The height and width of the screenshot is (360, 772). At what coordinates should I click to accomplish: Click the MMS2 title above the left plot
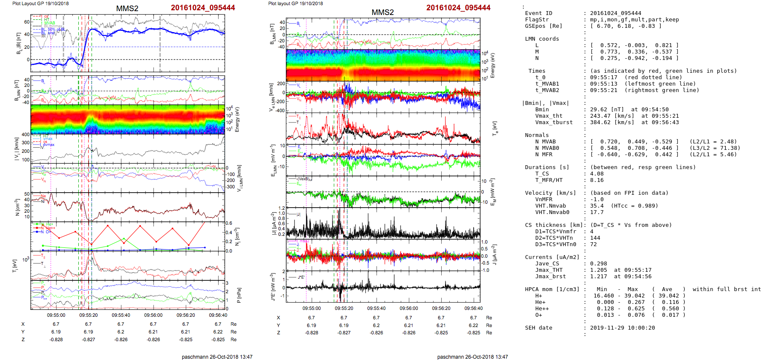(127, 9)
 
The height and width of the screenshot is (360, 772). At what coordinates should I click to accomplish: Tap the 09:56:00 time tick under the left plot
(153, 315)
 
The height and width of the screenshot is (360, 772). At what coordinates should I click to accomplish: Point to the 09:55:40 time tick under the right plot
(376, 308)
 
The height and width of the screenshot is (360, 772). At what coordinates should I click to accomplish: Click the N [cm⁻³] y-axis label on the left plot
(17, 207)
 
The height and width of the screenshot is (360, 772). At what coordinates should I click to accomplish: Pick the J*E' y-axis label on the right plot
(272, 287)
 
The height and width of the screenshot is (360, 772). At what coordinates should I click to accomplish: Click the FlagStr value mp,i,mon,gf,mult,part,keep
(634, 20)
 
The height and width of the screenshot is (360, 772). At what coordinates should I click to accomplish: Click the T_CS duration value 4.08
(597, 174)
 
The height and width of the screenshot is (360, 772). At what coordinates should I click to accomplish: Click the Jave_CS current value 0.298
(598, 264)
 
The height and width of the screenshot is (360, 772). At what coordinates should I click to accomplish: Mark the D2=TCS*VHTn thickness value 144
(595, 238)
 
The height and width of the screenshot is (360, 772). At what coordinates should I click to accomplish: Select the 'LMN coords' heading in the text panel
(542, 39)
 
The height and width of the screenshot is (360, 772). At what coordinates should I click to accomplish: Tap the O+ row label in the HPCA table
(538, 315)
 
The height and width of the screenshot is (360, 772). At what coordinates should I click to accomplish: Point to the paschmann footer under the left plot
(217, 357)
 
